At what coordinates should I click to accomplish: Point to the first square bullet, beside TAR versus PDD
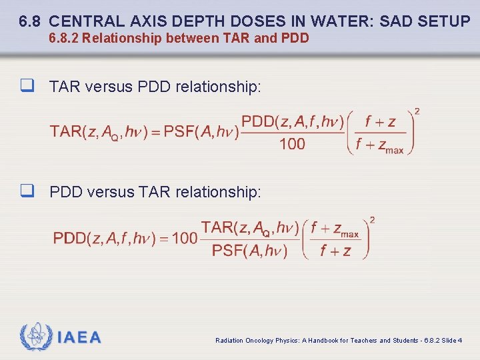tap(27, 86)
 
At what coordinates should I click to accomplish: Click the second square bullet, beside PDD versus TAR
tap(27, 191)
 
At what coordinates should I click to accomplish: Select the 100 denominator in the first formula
tap(292, 143)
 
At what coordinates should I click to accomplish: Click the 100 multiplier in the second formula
tap(184, 239)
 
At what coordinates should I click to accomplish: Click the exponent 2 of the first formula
tap(417, 111)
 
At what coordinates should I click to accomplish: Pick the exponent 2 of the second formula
tap(372, 219)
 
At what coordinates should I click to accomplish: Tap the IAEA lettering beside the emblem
tap(79, 337)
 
